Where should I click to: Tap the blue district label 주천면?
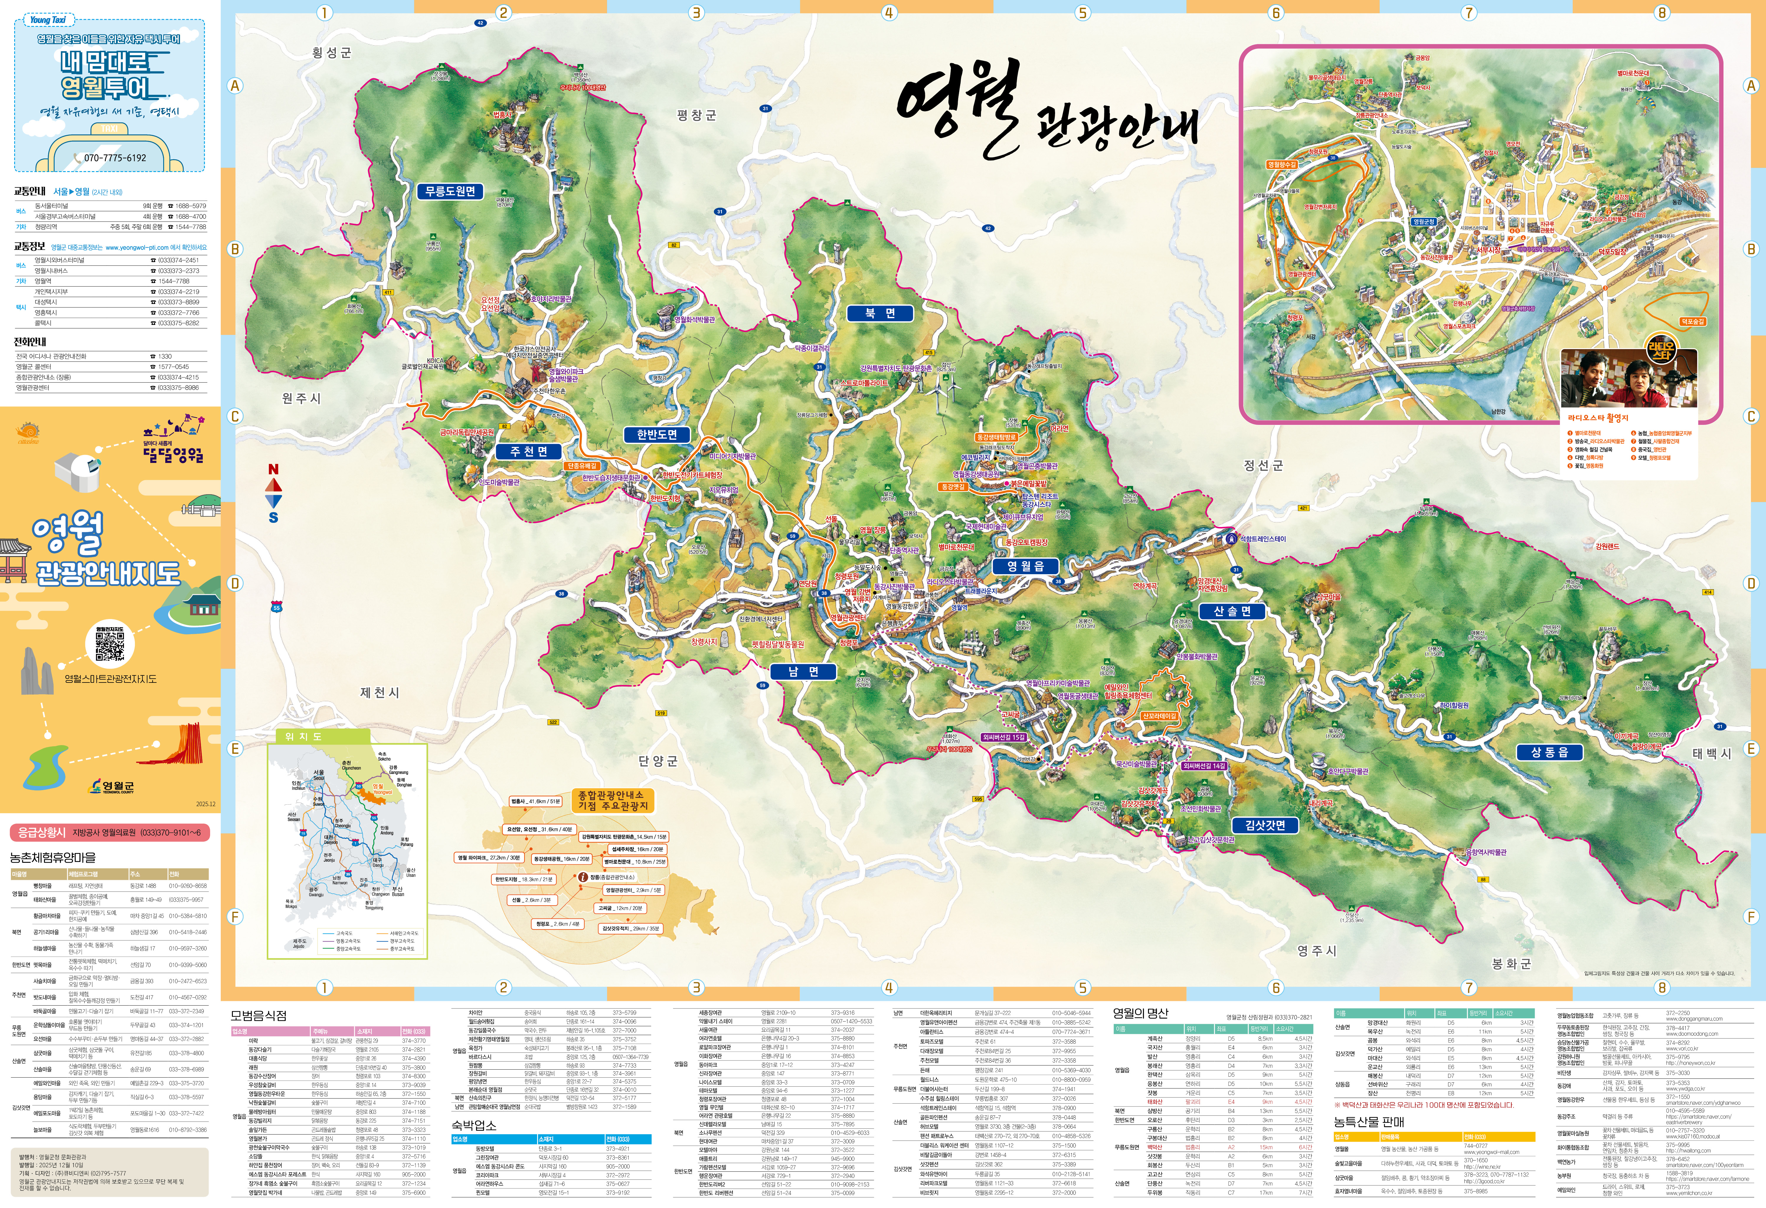[x=529, y=451]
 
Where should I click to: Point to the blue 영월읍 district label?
[x=1025, y=566]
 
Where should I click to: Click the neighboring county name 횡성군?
[x=332, y=53]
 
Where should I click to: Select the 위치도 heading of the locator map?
[x=303, y=736]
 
